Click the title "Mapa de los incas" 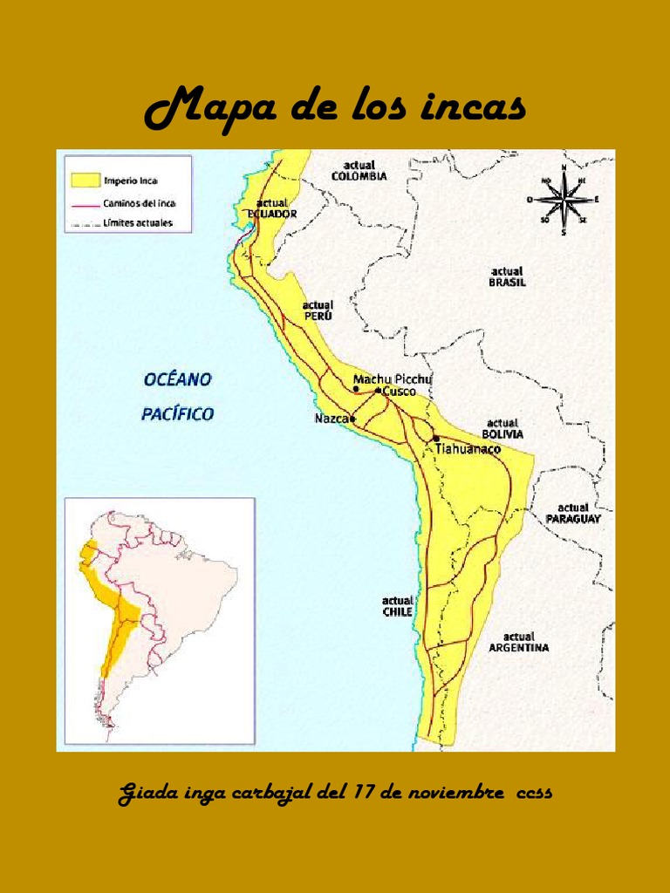click(335, 109)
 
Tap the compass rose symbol click(564, 200)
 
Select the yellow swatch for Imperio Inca click(83, 180)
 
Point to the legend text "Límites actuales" click(138, 223)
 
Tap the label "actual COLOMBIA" click(359, 170)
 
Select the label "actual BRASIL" click(507, 276)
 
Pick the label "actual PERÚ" click(318, 310)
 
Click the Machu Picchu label click(393, 379)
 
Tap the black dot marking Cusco click(378, 391)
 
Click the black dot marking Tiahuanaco click(435, 438)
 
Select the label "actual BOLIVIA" click(502, 428)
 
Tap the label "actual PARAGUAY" click(573, 513)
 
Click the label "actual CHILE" click(397, 606)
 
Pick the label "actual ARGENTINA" click(518, 642)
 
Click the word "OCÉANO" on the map click(177, 380)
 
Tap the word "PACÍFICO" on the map click(177, 414)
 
